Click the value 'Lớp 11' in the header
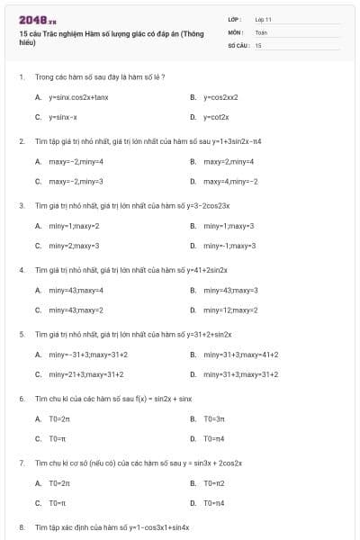pos(263,19)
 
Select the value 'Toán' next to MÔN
pos(261,31)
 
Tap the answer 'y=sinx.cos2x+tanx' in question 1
pos(78,97)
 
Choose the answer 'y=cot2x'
pos(216,117)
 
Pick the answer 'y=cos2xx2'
pos(220,97)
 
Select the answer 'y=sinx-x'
pos(63,117)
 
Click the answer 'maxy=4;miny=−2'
pos(230,181)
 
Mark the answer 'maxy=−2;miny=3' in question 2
pos(76,181)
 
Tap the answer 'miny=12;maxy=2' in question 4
pos(230,310)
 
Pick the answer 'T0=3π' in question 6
pos(213,418)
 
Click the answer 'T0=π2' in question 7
pos(214,483)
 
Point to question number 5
pos(22,334)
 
